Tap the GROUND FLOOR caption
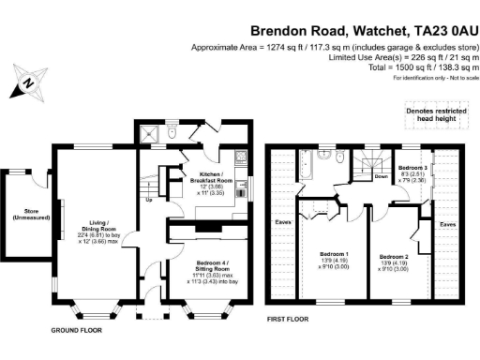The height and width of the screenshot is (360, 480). [x=77, y=331]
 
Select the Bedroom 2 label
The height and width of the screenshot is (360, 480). [x=395, y=256]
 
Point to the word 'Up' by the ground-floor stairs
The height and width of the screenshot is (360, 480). [x=148, y=200]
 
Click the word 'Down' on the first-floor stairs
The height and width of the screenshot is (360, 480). [x=381, y=175]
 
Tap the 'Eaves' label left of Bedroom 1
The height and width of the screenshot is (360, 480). [x=282, y=221]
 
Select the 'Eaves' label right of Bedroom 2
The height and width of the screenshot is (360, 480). [x=448, y=224]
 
